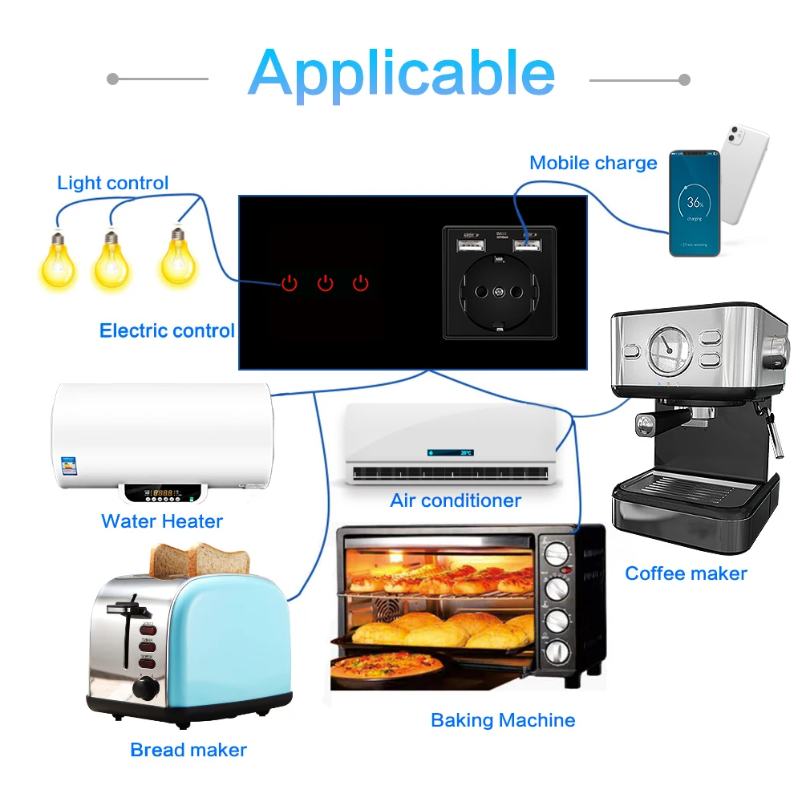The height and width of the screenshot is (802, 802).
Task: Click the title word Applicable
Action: [x=401, y=73]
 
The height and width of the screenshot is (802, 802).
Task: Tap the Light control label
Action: [x=113, y=183]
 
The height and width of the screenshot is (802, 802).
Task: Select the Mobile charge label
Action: [x=593, y=163]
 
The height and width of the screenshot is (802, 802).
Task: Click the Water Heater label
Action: [x=162, y=521]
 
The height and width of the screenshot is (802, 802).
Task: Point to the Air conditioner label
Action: [x=456, y=501]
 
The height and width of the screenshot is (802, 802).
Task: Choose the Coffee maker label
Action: [x=686, y=573]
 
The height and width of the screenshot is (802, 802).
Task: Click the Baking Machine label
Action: [x=503, y=720]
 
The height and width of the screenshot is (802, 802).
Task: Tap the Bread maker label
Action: [x=188, y=751]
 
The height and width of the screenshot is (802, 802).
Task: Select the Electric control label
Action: [x=167, y=330]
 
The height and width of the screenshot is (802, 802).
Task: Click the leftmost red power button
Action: [x=290, y=282]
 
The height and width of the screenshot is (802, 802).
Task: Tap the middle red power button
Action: [x=325, y=282]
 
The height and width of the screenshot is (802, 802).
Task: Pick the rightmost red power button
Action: [x=361, y=282]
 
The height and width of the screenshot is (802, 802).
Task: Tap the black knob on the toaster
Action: [x=145, y=687]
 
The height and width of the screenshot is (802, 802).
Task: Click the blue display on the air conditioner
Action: [x=450, y=452]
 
